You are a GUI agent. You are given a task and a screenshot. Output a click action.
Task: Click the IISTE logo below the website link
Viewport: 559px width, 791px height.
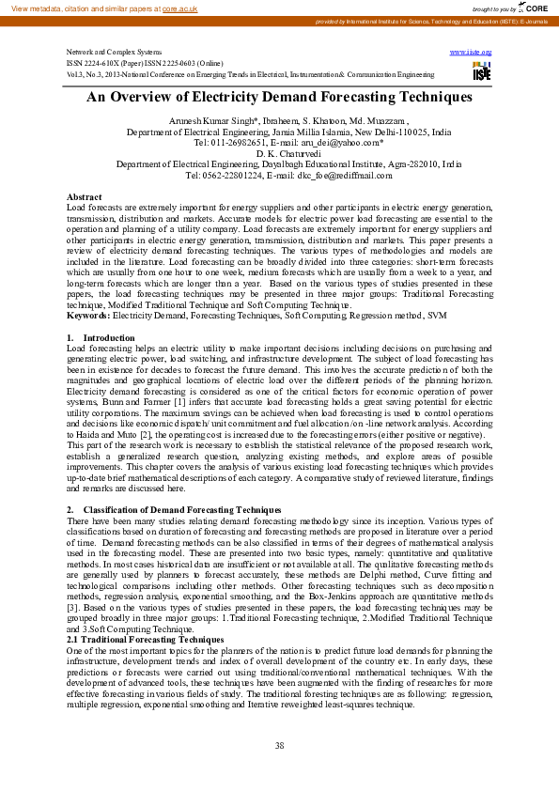[481, 70]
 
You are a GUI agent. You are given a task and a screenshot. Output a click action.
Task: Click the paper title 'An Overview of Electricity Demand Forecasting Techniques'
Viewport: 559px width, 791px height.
[279, 97]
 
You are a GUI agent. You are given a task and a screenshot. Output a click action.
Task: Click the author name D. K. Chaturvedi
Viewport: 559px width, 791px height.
[279, 153]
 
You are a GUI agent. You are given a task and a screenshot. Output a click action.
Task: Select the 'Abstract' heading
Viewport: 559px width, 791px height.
[85, 196]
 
